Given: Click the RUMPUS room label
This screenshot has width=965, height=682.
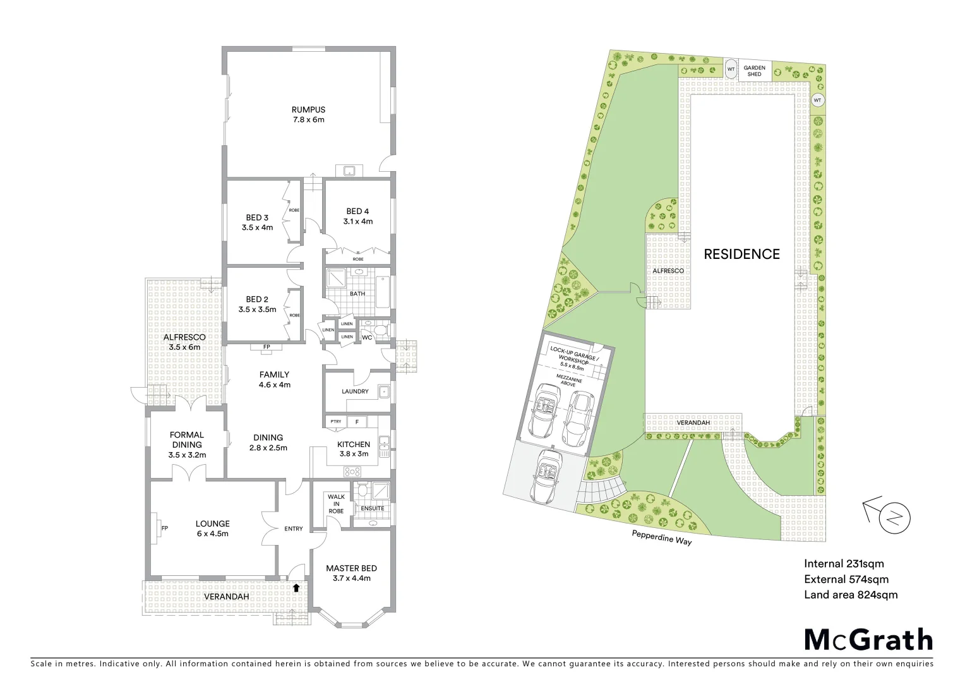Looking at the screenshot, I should pos(308,109).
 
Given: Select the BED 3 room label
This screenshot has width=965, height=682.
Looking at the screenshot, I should pos(257,218).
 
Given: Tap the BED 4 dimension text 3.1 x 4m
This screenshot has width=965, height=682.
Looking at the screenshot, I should pos(357,222).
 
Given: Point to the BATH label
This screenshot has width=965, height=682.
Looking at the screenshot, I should pos(357,294).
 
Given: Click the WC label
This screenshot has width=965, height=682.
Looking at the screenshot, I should pos(366,338).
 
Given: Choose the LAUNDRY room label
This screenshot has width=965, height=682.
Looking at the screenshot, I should pos(355,392).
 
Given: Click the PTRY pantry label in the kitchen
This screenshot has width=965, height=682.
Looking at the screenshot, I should pos(335,422).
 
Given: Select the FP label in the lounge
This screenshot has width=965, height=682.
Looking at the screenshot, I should pos(164,529).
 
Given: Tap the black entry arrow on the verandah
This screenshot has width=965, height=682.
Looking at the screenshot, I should pos(296,588).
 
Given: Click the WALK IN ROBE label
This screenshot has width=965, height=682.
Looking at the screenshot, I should pos(336,504).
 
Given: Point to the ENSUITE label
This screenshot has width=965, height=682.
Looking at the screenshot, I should pos(373,508).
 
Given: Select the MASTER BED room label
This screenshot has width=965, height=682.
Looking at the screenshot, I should pos(351,568).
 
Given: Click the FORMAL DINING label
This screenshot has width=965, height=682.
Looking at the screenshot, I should pos(187,440).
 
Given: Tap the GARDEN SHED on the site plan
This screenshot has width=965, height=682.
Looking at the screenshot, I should pos(754,71).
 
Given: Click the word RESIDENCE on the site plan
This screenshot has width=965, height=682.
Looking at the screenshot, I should pos(741,254).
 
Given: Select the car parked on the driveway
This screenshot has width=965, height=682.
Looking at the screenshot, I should pos(546,477).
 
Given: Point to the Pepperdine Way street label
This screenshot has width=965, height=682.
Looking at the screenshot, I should pos(661,537).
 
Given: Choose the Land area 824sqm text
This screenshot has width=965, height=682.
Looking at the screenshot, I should pos(850,594).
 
